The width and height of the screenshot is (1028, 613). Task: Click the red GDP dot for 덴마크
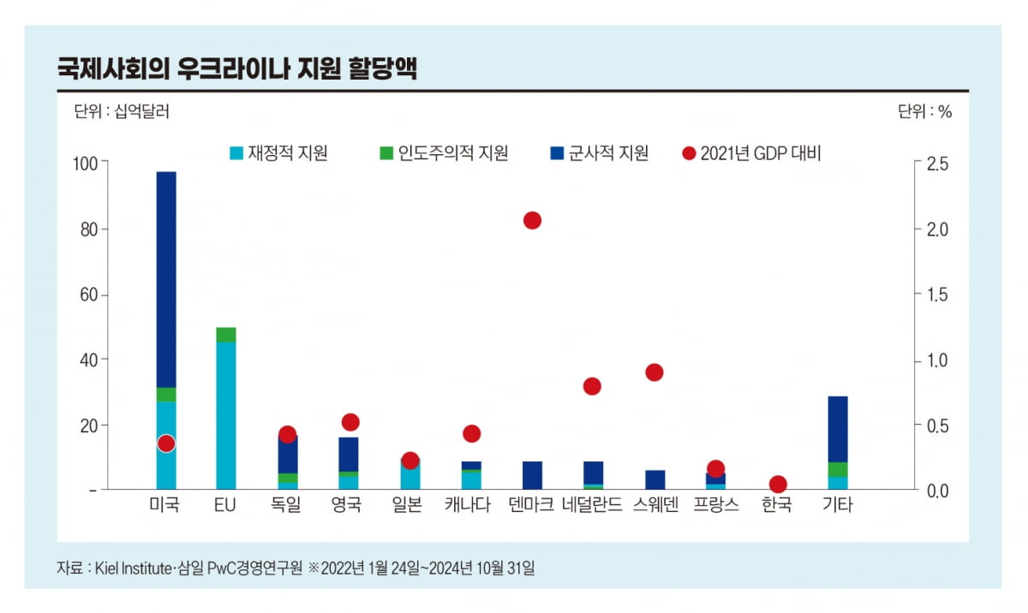(532, 220)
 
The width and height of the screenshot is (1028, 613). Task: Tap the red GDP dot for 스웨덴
(654, 372)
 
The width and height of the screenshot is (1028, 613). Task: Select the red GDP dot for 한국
(778, 484)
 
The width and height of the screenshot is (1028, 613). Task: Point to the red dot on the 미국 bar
(166, 443)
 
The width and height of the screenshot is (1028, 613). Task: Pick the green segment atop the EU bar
(226, 335)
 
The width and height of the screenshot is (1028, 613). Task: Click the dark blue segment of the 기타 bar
(838, 428)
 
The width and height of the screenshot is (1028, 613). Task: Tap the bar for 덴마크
(532, 475)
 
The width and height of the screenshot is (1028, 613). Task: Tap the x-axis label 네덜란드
(593, 505)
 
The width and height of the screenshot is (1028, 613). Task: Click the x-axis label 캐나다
(470, 505)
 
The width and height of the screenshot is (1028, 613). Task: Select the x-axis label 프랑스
(715, 505)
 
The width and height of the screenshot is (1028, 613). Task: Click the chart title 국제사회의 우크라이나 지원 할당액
(236, 68)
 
